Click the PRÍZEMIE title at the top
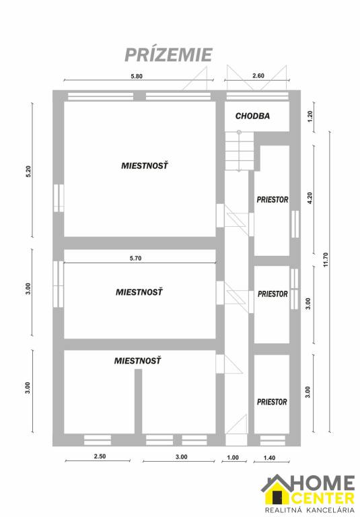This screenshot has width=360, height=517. [169, 54]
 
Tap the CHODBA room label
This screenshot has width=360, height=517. [252, 116]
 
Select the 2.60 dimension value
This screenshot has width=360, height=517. [258, 76]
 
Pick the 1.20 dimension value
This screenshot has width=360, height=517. [310, 116]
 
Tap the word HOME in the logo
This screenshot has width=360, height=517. [321, 483]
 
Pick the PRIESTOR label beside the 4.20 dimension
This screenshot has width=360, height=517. [272, 200]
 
